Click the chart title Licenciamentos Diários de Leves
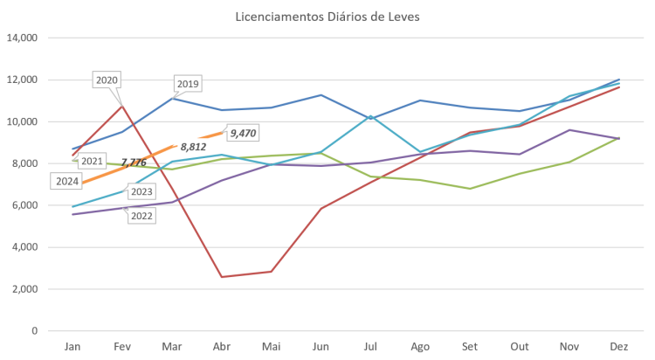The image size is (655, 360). tap(327, 17)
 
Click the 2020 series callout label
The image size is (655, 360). tap(107, 80)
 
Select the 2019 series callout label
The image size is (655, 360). tap(189, 84)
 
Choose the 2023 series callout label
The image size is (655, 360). tap(141, 191)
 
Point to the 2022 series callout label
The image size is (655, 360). tap(141, 215)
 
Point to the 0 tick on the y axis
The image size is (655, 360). tap(35, 331)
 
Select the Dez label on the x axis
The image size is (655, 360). tap(617, 347)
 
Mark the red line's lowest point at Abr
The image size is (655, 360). tap(221, 277)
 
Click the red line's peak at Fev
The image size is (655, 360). tap(122, 105)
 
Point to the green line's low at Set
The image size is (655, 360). tap(469, 189)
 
